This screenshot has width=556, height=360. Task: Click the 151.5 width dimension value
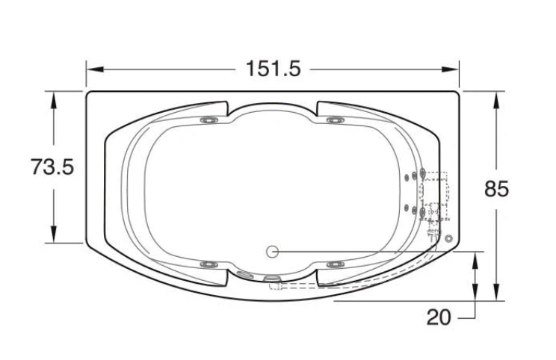coord(273,69)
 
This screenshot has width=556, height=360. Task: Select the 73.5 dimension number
coord(52,167)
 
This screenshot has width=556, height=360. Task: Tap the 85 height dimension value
coord(496,188)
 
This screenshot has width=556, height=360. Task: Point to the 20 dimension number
coord(439,317)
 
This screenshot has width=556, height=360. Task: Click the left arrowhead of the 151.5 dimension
coord(95,69)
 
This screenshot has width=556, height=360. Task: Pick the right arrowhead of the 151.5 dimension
coord(451,69)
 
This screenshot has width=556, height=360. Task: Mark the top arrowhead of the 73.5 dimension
coord(54,100)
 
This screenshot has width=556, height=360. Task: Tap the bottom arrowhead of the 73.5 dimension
coord(54,235)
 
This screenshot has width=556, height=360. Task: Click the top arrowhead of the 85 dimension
coord(496,100)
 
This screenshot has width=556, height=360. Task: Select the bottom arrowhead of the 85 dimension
coord(496,292)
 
